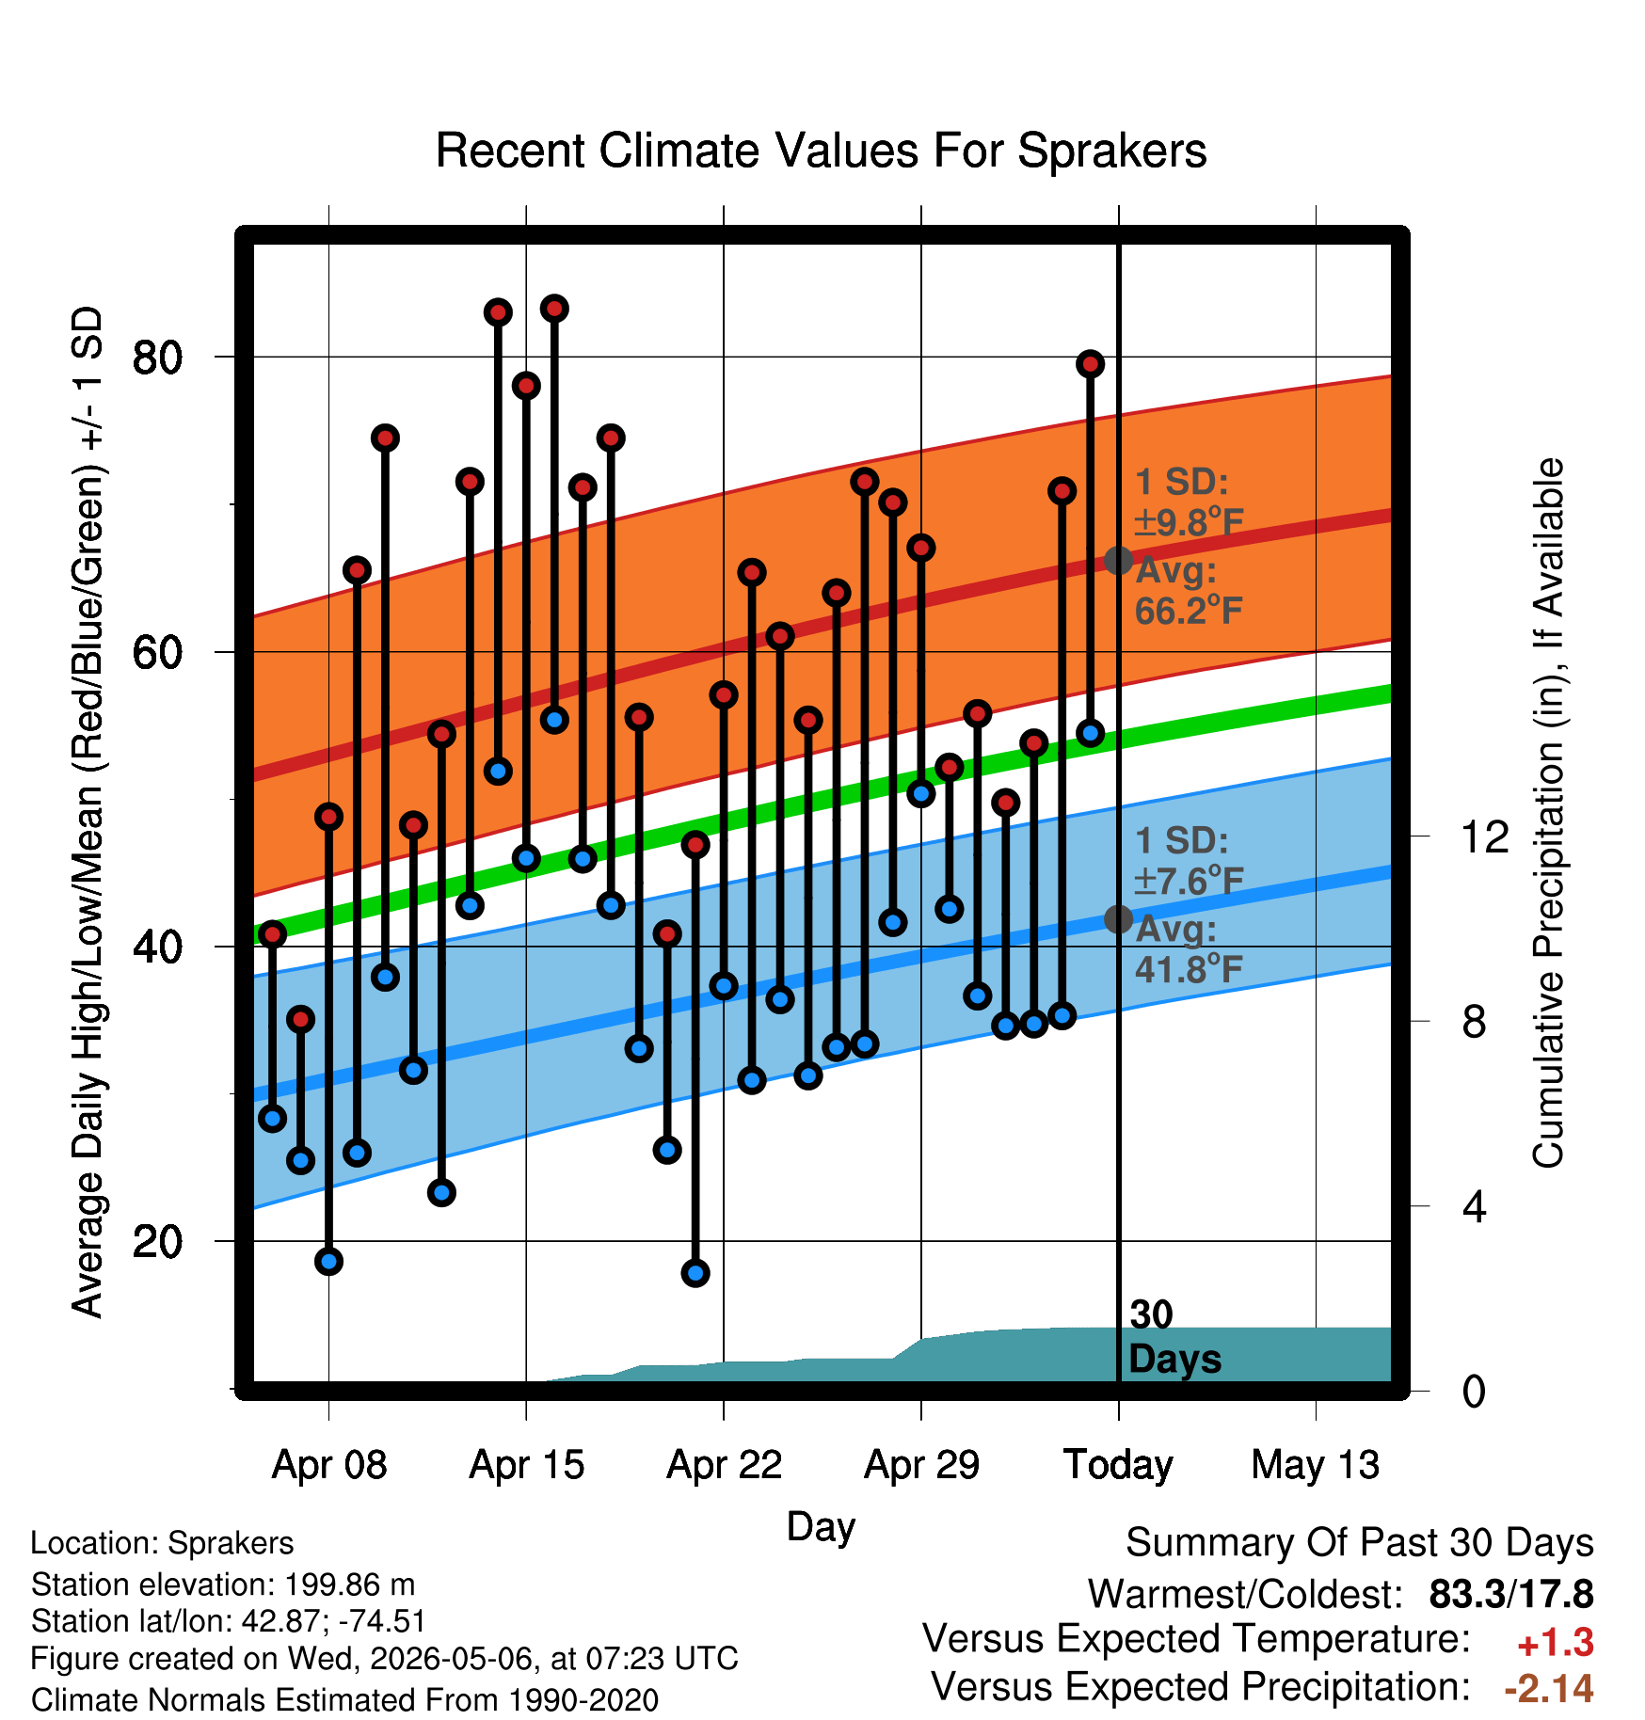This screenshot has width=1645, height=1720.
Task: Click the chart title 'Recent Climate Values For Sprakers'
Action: (x=821, y=151)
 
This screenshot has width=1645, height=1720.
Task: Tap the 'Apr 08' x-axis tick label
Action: (x=329, y=1465)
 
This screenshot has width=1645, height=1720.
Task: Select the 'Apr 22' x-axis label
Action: (x=725, y=1465)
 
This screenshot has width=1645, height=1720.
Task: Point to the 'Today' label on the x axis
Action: (x=1118, y=1465)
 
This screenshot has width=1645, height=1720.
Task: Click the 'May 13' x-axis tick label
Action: (x=1316, y=1465)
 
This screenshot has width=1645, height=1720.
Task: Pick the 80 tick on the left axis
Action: (x=157, y=358)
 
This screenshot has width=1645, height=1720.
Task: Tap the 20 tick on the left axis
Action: (x=157, y=1242)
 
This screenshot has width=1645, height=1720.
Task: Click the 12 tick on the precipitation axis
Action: (x=1484, y=836)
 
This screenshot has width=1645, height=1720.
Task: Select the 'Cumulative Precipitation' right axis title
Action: (x=1547, y=813)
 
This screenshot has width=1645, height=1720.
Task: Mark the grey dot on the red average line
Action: (x=1118, y=561)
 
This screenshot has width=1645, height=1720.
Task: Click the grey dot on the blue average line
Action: (x=1118, y=919)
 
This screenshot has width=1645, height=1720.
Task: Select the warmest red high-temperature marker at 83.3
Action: (x=554, y=309)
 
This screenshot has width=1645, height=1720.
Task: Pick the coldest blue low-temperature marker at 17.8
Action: (x=695, y=1273)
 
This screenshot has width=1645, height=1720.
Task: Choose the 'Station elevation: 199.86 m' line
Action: (x=223, y=1585)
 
